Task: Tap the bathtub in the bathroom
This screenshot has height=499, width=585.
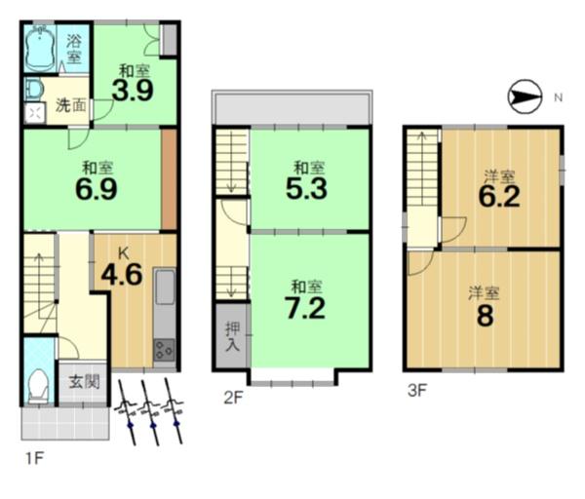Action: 40,48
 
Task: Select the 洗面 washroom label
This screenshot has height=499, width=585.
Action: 71,105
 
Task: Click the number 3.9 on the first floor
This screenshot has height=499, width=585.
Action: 133,91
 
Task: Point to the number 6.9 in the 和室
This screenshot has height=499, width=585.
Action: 97,189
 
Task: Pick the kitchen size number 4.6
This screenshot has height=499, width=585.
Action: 122,275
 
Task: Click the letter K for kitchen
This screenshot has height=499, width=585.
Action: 124,253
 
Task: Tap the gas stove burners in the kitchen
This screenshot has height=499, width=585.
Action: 164,350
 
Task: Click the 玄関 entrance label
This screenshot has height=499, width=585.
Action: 84,382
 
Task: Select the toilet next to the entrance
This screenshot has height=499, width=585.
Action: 38,386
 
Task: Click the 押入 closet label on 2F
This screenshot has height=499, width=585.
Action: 232,337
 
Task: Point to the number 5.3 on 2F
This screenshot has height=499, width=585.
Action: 307,189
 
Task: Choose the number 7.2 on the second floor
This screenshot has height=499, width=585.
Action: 305,308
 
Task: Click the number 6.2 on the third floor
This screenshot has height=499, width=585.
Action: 499,197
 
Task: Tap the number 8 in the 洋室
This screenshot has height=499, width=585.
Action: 485,316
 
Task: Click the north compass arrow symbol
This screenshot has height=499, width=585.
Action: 525,96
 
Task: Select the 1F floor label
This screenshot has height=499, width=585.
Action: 35,458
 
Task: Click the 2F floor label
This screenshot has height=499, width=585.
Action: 234,398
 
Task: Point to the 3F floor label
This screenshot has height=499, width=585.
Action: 416,391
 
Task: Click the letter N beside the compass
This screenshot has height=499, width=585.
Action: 558,97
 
